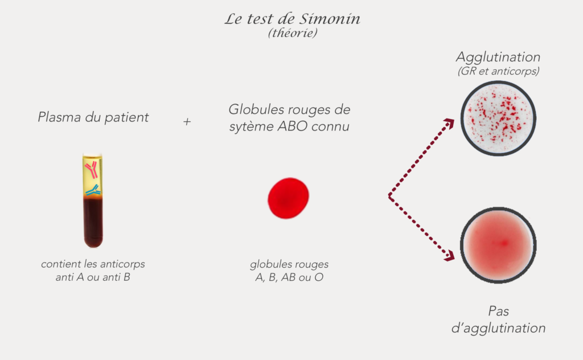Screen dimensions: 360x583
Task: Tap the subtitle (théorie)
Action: click(x=292, y=34)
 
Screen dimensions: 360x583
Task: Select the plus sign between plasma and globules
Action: click(x=187, y=122)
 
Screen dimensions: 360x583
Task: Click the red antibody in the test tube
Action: click(x=92, y=169)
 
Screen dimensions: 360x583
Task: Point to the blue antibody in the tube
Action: click(x=92, y=191)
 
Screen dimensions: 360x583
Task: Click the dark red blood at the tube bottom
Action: click(x=93, y=222)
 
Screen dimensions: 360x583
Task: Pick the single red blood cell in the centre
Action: click(x=288, y=198)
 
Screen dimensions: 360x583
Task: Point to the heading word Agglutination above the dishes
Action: click(x=498, y=58)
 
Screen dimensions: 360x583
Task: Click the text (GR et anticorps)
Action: click(x=498, y=72)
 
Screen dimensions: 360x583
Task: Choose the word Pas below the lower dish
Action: click(x=498, y=311)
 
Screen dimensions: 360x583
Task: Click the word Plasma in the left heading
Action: click(x=56, y=117)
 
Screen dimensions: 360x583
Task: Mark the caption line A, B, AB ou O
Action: click(x=289, y=278)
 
